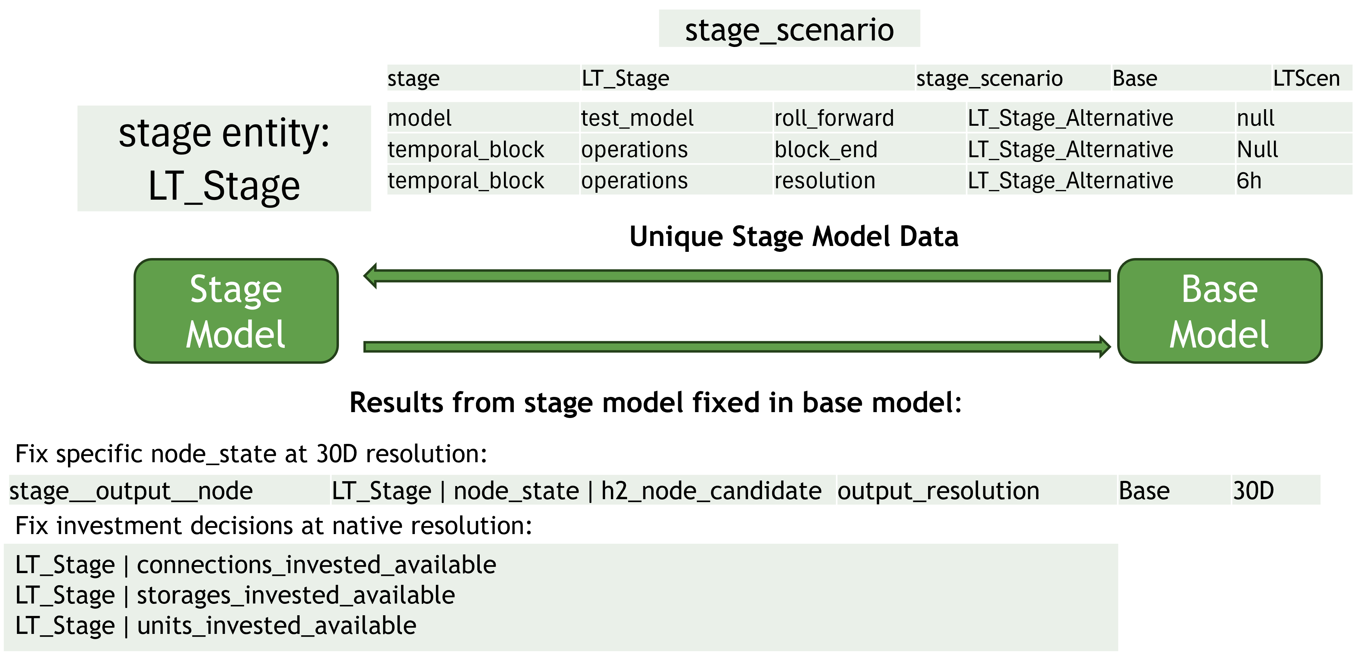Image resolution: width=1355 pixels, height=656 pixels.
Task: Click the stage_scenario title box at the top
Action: tap(789, 29)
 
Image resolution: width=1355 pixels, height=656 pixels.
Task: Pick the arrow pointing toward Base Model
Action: tap(737, 346)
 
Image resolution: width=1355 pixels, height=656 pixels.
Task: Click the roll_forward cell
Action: tap(834, 118)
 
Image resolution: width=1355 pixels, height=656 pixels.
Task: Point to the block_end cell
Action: tap(826, 150)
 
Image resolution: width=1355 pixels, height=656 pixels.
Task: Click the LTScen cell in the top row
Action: tap(1306, 78)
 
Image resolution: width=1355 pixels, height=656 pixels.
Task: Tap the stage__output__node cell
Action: tap(131, 491)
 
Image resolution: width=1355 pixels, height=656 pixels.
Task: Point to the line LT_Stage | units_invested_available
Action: tap(216, 626)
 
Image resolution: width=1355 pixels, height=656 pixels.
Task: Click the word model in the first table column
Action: tap(420, 118)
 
